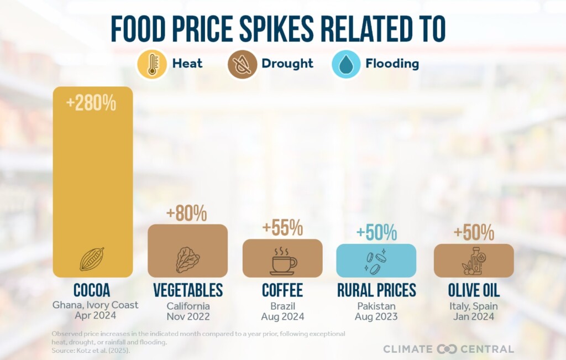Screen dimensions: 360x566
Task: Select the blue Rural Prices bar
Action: click(376, 260)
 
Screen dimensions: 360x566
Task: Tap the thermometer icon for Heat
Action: click(151, 64)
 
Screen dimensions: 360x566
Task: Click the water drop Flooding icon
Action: click(346, 64)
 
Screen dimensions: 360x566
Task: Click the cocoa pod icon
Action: click(92, 259)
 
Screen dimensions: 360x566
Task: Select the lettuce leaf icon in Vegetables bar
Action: click(187, 259)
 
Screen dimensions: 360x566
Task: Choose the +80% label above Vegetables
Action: click(187, 213)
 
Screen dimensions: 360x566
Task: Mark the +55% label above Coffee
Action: click(283, 227)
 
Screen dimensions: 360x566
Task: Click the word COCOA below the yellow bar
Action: click(92, 290)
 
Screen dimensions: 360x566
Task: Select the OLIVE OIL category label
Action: click(474, 290)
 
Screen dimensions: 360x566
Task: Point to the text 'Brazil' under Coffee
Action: click(282, 305)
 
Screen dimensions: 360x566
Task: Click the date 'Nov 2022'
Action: click(187, 316)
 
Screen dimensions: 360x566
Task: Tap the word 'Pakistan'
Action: click(376, 305)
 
